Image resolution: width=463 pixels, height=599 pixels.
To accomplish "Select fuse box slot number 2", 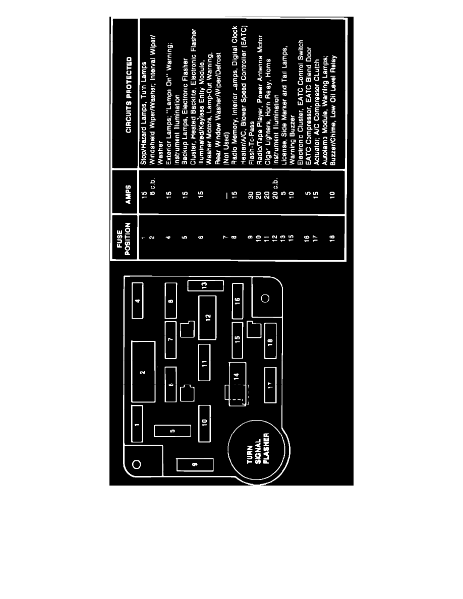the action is click(143, 372).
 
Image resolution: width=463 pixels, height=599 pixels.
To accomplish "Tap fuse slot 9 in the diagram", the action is click(195, 464).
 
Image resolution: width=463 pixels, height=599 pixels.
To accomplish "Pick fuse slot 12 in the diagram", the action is click(207, 318).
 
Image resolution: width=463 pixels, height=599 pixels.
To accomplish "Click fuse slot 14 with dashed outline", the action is click(237, 384).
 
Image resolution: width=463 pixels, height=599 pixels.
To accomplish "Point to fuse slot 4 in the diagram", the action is click(138, 301).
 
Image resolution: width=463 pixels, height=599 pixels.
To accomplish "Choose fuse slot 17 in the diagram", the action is click(270, 385).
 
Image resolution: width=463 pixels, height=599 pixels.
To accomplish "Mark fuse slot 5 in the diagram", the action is click(172, 431).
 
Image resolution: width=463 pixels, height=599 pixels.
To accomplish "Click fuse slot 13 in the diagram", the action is click(205, 285).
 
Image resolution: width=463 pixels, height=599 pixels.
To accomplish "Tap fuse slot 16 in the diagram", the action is click(238, 301).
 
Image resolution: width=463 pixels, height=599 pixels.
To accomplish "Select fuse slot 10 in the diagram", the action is click(204, 423).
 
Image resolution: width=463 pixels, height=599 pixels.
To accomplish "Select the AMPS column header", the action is click(128, 194).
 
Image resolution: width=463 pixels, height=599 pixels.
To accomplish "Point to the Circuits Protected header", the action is click(128, 95).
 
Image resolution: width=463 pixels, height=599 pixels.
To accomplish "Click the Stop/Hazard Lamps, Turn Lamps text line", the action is click(144, 113).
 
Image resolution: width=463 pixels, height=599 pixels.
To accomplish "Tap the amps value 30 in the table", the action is click(251, 195).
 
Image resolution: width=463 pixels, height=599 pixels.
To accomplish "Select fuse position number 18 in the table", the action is click(333, 237).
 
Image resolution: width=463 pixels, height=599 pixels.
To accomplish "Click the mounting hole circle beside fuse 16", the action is click(265, 298).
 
